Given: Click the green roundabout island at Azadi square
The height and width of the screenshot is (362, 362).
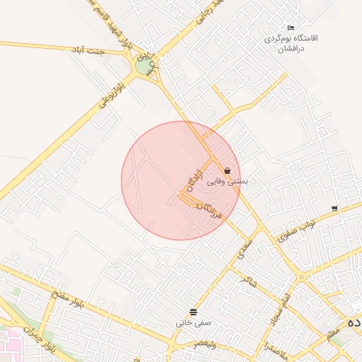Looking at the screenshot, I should click(144, 66).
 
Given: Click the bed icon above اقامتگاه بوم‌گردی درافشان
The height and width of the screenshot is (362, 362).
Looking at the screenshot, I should click(291, 28).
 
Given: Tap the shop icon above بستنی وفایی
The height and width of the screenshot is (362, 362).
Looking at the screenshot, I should click(227, 170).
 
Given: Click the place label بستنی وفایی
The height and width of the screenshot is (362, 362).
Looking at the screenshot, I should click(227, 182).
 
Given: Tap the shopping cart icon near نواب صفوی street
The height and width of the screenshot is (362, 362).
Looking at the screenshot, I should click(334, 209).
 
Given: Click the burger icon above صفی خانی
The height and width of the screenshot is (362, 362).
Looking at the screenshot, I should click(194, 312).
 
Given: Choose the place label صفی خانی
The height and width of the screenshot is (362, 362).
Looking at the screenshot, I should click(194, 323).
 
